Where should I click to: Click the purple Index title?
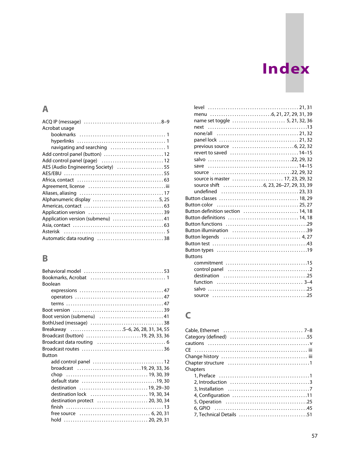[x=286, y=69]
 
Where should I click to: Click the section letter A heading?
[x=45, y=109]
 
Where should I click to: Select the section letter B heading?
[x=45, y=258]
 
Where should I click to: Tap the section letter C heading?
[x=188, y=315]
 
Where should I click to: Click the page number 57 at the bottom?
[x=314, y=436]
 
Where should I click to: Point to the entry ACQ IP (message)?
[x=62, y=122]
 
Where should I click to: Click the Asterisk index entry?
[x=51, y=232]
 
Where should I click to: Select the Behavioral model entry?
[x=62, y=271]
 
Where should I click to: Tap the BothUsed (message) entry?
[x=65, y=323]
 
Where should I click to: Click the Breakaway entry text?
[x=54, y=329]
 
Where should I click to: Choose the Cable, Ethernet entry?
[x=202, y=331]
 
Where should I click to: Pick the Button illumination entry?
[x=206, y=231]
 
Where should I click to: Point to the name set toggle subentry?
[x=212, y=121]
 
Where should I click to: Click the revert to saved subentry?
[x=210, y=153]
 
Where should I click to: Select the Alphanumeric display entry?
[x=66, y=200]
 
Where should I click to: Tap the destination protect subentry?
[x=72, y=401]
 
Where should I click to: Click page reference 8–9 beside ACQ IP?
[x=165, y=122]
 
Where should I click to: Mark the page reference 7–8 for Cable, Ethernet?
[x=308, y=331]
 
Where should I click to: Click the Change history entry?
[x=202, y=357]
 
